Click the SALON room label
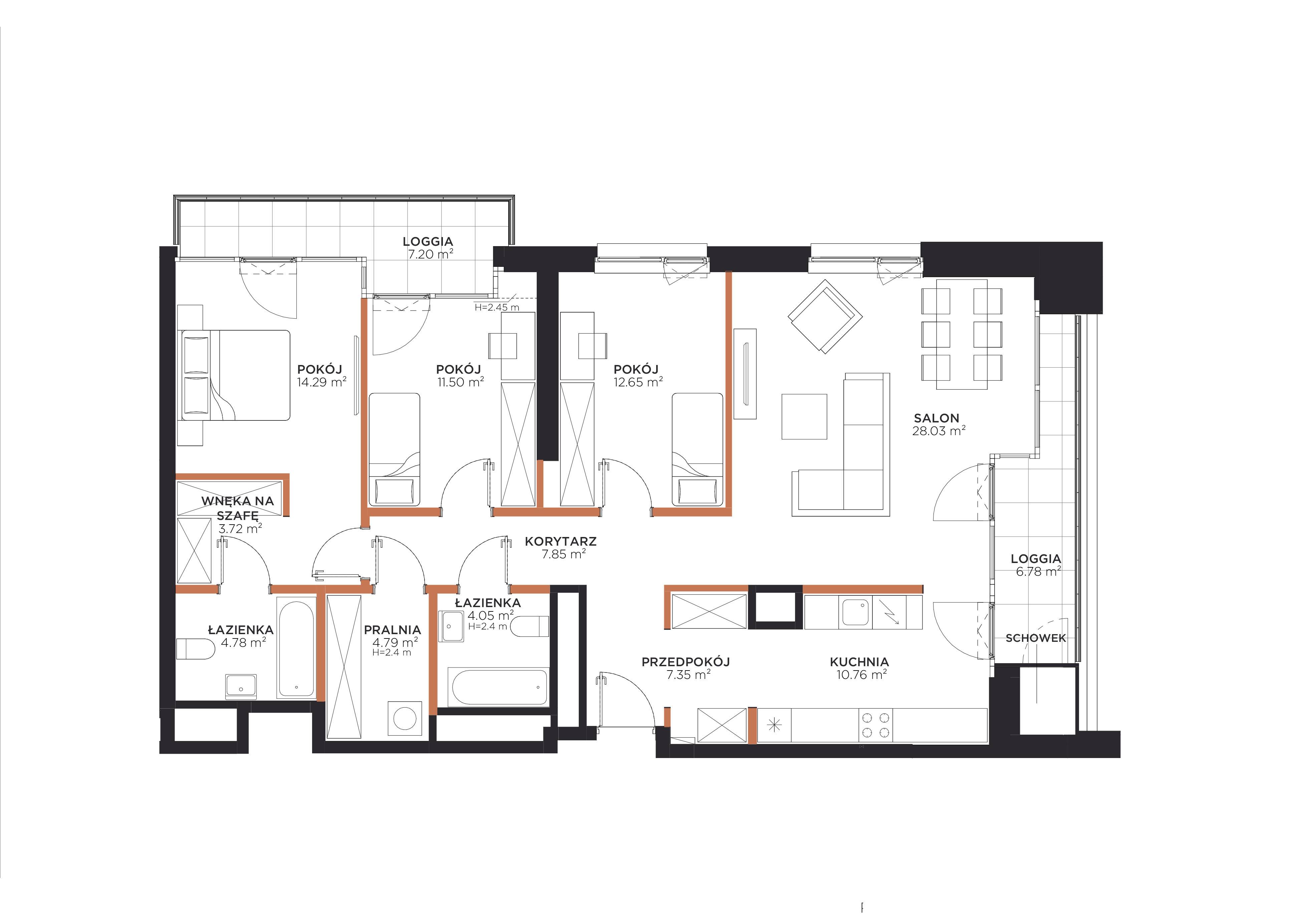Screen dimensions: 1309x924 coord(937,418)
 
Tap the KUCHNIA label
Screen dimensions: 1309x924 coord(859,662)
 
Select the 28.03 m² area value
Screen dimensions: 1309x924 coord(939,431)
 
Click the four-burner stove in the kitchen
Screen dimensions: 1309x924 coord(876,726)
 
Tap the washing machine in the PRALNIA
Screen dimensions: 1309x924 coord(406,718)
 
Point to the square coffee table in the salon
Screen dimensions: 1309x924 coord(804,416)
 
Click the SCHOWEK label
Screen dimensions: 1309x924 coord(1035,638)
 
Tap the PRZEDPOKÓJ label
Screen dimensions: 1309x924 coord(686,662)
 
